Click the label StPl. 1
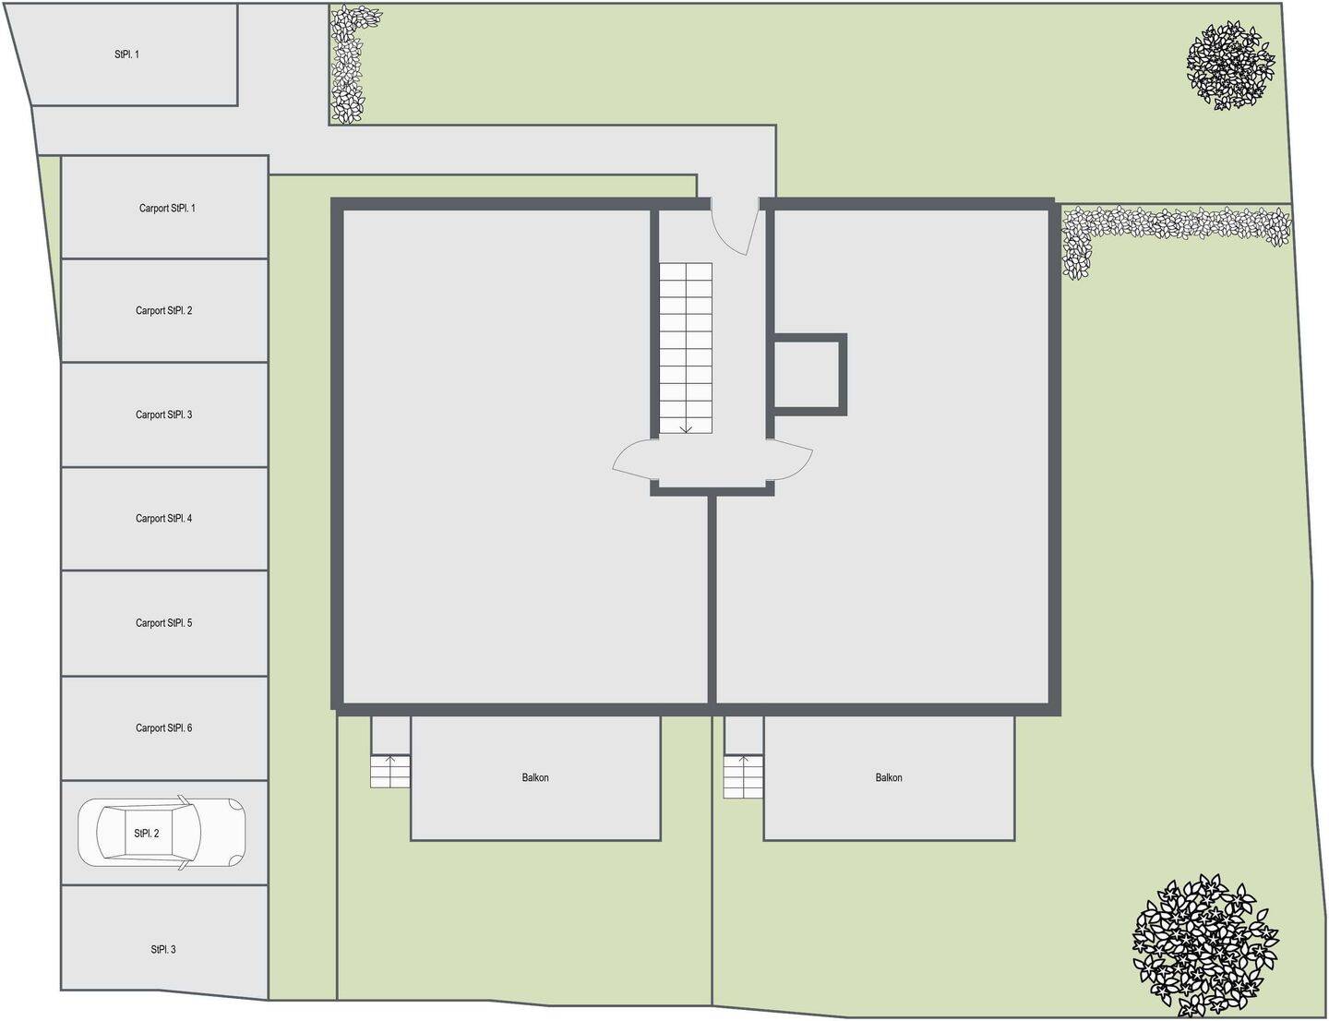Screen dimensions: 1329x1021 [x=126, y=54]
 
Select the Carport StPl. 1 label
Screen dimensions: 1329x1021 [x=167, y=208]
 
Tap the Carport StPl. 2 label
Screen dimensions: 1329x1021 [x=164, y=311]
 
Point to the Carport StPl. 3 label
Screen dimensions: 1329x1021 [x=164, y=414]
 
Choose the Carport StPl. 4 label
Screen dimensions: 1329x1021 [x=164, y=518]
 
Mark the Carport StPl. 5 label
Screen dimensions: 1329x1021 [x=164, y=623]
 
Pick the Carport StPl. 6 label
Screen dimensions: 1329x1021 [x=164, y=728]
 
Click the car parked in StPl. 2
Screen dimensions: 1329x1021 [x=162, y=833]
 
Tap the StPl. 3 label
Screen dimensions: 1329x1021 [x=163, y=949]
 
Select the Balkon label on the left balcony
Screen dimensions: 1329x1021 [x=535, y=777]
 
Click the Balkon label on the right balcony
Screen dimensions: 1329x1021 [x=889, y=777]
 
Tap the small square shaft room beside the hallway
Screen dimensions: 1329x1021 [x=807, y=375]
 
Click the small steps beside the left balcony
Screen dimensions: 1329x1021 [x=389, y=772]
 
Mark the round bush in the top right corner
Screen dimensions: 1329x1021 [x=1230, y=66]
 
